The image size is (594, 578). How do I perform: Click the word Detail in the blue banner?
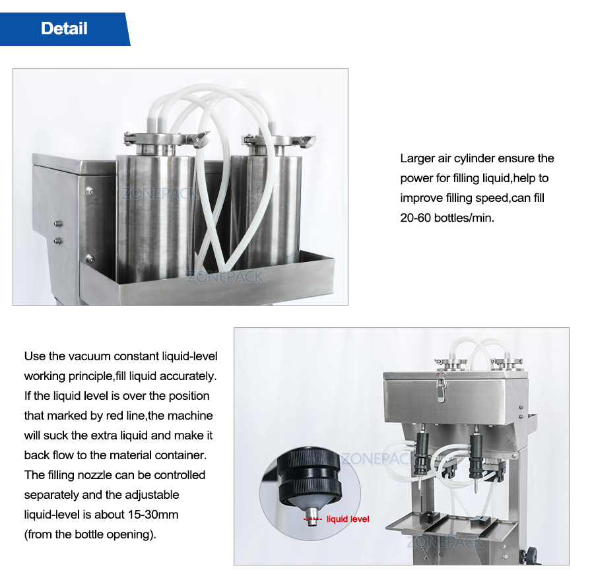[64, 28]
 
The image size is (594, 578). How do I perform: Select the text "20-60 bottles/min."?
[447, 218]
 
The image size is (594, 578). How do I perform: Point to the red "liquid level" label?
[348, 519]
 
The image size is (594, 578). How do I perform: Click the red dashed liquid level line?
[312, 520]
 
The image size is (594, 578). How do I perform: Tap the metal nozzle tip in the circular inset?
[312, 513]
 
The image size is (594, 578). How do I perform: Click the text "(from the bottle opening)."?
[90, 534]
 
